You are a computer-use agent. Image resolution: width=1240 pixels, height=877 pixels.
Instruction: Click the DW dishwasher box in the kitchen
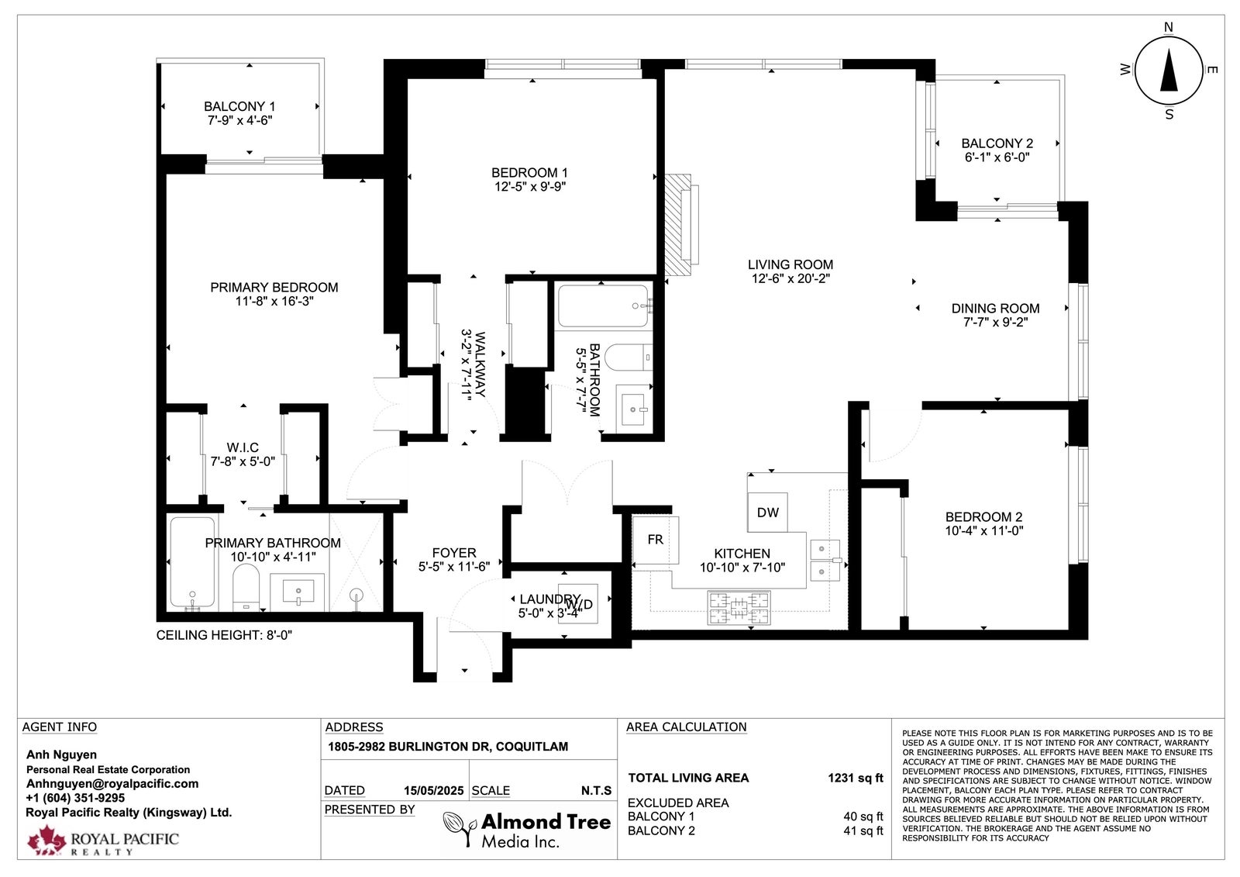point(767,513)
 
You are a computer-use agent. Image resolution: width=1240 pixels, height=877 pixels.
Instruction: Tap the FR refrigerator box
point(656,540)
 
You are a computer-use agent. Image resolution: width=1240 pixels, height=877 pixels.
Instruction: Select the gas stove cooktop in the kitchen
point(739,608)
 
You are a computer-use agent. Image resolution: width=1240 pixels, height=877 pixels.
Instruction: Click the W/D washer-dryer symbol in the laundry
point(578,603)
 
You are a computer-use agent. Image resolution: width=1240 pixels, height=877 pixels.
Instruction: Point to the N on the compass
point(1169,27)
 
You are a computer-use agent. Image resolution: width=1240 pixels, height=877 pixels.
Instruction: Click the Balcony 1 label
point(239,106)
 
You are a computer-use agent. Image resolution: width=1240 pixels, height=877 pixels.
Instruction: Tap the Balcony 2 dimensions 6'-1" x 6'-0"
point(997,157)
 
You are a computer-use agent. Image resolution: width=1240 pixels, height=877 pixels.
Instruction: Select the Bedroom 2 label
point(983,517)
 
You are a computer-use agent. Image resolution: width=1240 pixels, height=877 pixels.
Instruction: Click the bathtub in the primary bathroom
point(192,561)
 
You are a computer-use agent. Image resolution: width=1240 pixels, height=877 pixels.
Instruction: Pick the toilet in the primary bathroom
point(246,587)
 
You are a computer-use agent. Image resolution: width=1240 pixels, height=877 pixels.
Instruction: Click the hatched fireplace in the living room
point(679,224)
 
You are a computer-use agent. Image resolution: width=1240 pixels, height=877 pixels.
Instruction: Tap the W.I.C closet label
point(243,447)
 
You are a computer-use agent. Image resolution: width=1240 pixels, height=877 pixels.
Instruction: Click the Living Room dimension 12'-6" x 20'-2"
point(790,278)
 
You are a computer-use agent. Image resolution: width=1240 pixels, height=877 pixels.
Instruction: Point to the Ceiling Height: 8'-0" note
point(224,635)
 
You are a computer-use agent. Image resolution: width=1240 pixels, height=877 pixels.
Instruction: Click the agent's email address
point(112,784)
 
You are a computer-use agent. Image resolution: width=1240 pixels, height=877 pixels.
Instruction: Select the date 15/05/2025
point(434,791)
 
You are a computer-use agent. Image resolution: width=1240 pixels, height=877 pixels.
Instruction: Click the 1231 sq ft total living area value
point(856,778)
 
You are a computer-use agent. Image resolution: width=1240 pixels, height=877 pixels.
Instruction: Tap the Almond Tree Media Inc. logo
point(527,830)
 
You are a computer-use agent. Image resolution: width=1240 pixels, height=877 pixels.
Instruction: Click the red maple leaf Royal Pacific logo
point(47,840)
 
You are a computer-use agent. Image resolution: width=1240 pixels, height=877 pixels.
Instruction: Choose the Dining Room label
point(995,309)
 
